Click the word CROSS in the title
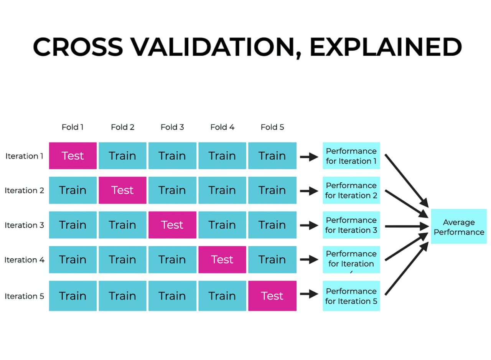(x=78, y=48)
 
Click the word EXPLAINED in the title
(x=386, y=48)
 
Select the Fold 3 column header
(x=172, y=127)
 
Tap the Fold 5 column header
(x=272, y=127)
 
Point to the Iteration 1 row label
(x=24, y=156)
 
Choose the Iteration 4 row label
(x=24, y=260)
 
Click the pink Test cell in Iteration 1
(x=73, y=156)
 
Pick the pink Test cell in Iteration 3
(x=172, y=225)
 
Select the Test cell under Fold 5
(x=272, y=296)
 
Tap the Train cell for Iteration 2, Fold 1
(x=73, y=190)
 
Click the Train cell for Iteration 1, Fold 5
(x=272, y=156)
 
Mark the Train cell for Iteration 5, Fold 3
(x=172, y=296)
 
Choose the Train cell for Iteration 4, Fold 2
(x=122, y=260)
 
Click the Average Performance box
(x=459, y=227)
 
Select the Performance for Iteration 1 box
(x=351, y=156)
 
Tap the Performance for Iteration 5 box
(x=351, y=296)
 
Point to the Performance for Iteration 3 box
(x=351, y=225)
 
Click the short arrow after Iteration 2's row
(x=309, y=191)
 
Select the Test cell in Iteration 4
(x=222, y=260)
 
